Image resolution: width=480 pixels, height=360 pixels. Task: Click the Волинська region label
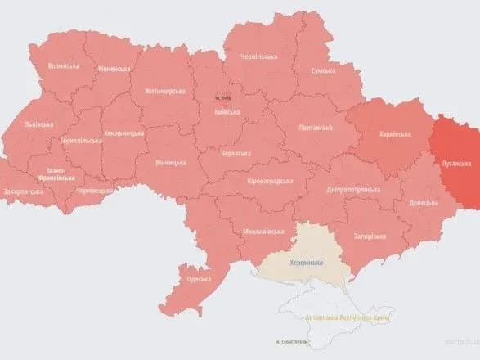[65, 66]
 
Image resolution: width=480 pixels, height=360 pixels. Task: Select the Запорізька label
[370, 236]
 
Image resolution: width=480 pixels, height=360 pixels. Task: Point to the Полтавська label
[316, 128]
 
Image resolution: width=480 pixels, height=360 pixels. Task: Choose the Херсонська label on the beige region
[307, 263]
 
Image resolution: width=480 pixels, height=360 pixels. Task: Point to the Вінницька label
[171, 163]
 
